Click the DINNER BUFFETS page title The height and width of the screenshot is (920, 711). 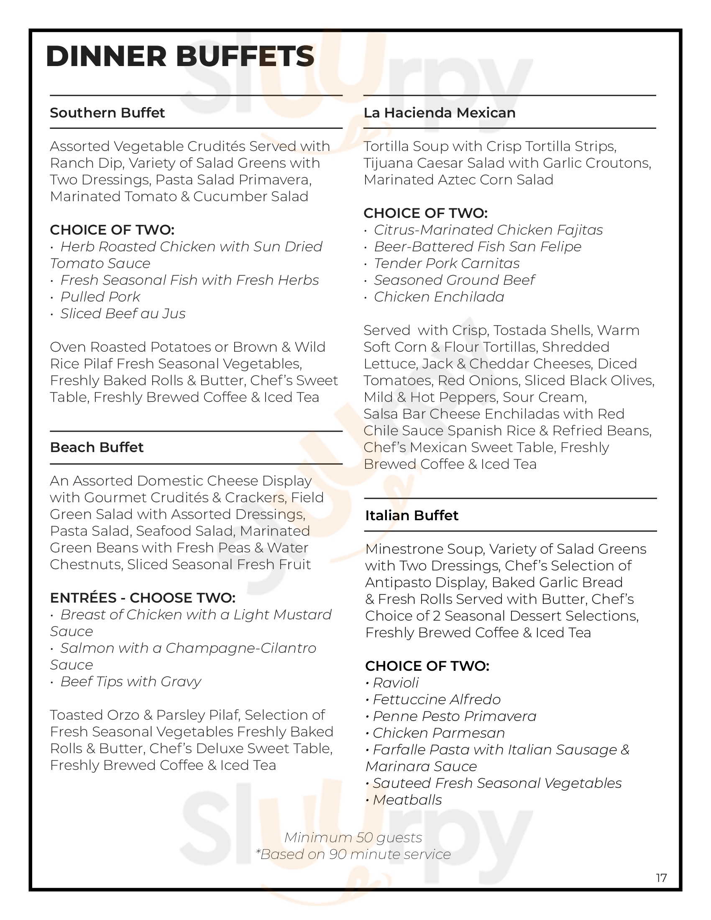180,56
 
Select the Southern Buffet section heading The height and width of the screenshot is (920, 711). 107,113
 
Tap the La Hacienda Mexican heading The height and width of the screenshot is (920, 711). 439,113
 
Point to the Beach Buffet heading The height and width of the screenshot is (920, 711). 97,447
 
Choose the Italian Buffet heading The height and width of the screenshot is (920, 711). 412,516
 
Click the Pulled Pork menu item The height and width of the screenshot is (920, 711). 100,297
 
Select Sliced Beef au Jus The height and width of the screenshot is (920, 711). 123,314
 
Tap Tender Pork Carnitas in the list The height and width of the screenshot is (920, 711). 447,263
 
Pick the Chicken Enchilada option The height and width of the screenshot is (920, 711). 439,297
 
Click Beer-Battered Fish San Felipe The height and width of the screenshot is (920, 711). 477,247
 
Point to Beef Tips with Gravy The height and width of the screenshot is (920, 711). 130,682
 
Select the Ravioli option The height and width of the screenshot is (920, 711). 396,683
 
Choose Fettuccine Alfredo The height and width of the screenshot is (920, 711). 436,700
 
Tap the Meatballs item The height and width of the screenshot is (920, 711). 407,800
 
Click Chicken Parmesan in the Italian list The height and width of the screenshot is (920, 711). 438,733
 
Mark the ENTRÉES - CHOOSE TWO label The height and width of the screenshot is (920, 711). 142,598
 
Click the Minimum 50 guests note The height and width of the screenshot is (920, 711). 353,838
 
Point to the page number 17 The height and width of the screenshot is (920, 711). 661,878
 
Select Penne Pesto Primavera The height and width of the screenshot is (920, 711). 454,716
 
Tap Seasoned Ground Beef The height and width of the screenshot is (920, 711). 454,280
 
